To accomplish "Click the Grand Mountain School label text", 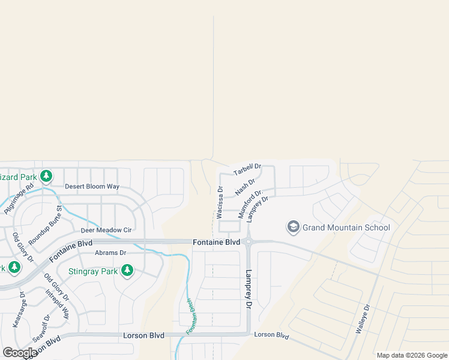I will tap(346, 227).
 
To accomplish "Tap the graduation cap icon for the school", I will tap(293, 227).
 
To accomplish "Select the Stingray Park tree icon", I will tap(127, 271).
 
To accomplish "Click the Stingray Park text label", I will tap(92, 271).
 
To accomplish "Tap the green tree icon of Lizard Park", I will tap(46, 177).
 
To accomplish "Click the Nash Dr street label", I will tap(245, 186).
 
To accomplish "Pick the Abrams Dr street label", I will tap(110, 253).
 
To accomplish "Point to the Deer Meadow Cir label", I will tap(106, 230).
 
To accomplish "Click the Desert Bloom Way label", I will tap(92, 187).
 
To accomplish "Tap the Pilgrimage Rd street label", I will tap(19, 199).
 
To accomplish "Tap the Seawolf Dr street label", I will tap(40, 328).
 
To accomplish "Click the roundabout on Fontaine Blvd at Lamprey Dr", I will tap(248, 242).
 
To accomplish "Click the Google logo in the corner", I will tap(19, 353).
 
